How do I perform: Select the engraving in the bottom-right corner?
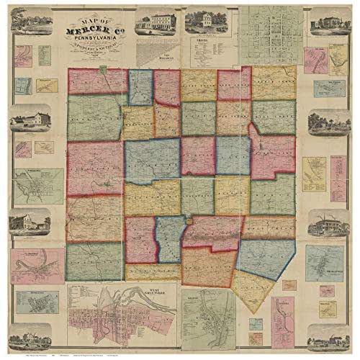point(325,334)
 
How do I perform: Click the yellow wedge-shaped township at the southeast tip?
point(253,288)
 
